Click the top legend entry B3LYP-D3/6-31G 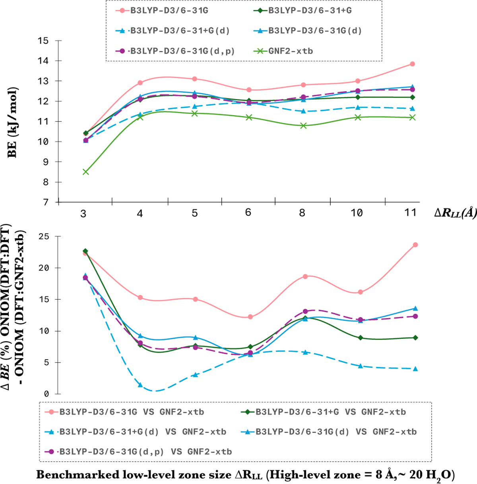coord(169,11)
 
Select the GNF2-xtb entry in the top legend coord(290,51)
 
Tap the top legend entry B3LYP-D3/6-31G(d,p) coord(182,51)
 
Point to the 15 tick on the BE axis coord(43,41)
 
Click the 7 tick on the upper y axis coord(46,203)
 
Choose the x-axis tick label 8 coord(302,213)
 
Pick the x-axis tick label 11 coord(410,213)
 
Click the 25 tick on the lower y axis coord(44,236)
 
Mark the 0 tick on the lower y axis coord(46,394)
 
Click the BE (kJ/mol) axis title coord(13,122)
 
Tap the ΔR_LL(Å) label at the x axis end coord(455,213)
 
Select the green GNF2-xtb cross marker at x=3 coord(85,172)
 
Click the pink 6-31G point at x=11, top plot coord(413,64)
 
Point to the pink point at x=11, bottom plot coord(415,245)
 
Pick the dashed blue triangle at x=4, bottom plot coord(140,385)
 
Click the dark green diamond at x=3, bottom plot coord(85,251)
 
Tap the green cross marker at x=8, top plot coord(303,126)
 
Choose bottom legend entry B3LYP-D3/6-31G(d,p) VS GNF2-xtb coord(145,452)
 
